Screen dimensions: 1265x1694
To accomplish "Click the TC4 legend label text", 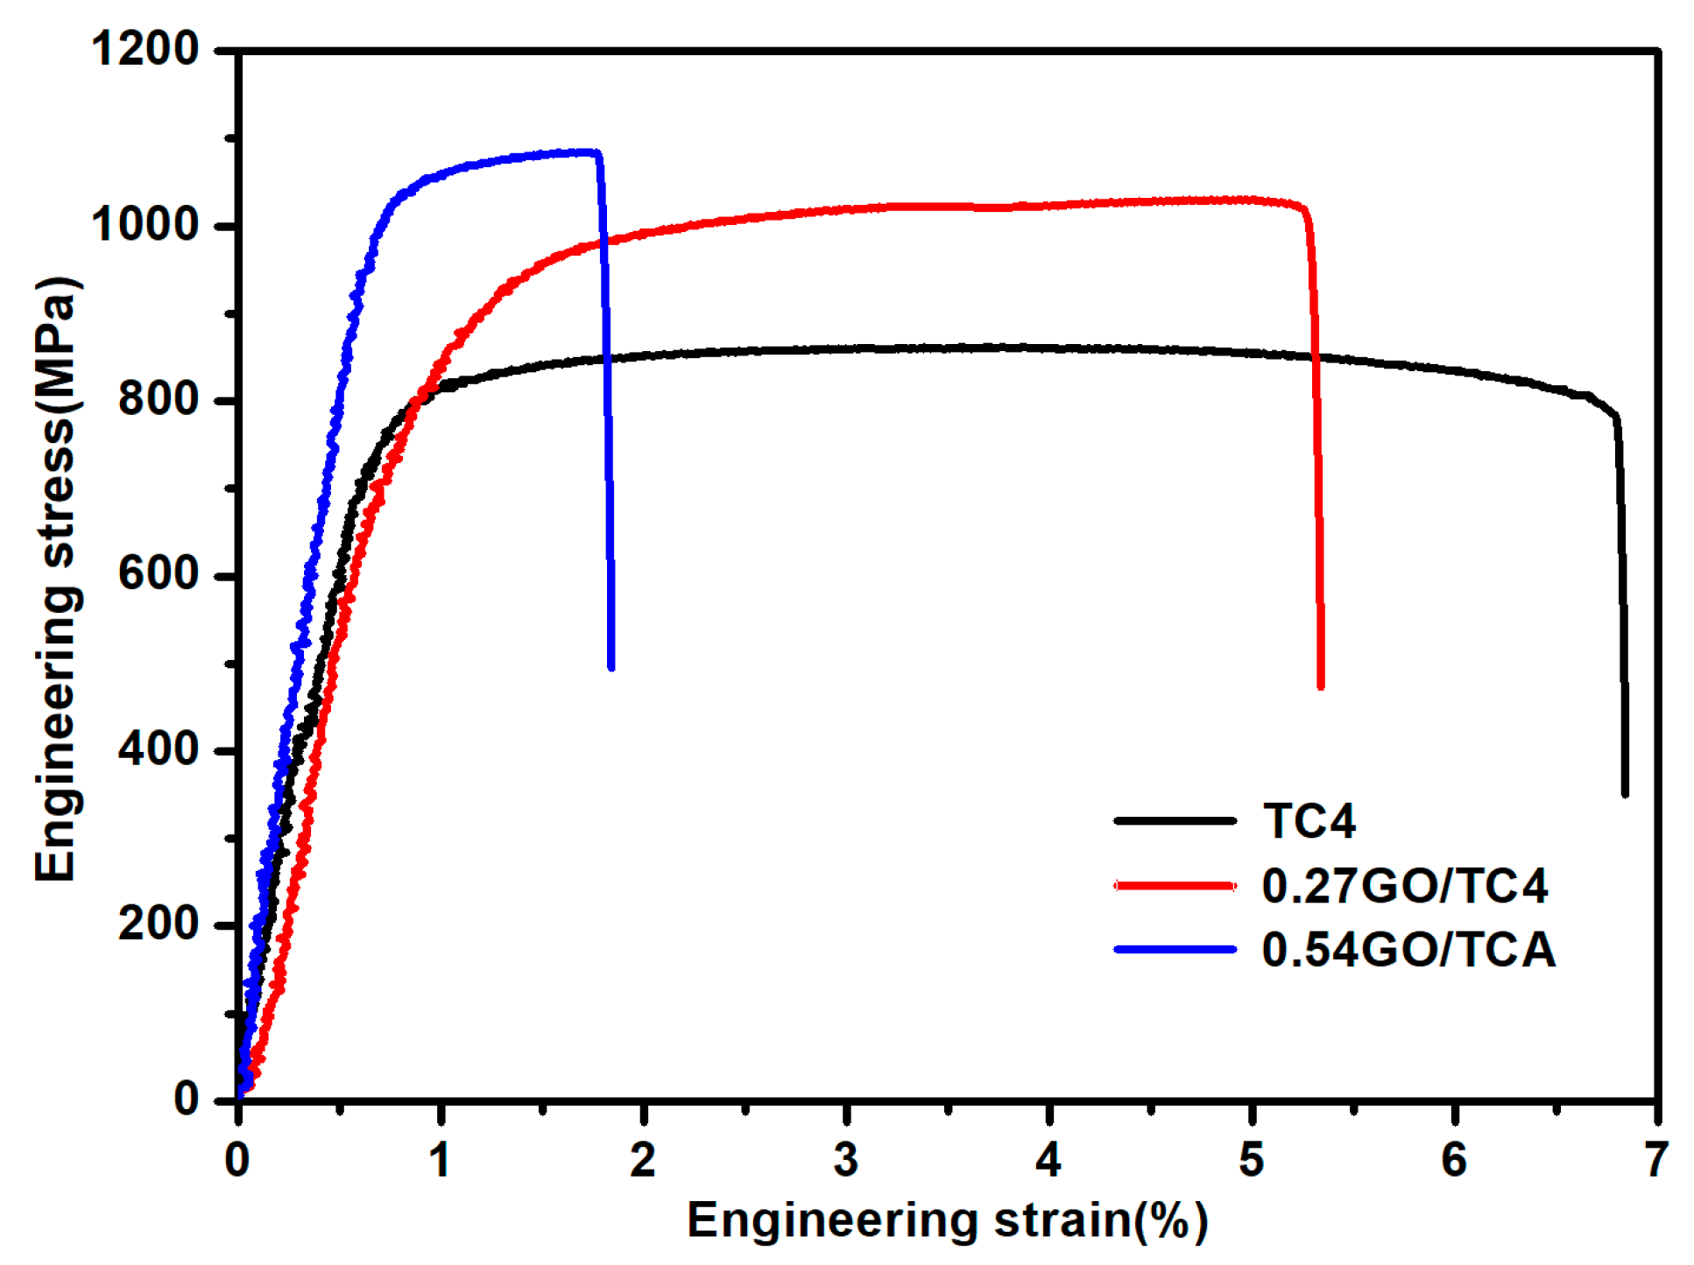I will point(1309,821).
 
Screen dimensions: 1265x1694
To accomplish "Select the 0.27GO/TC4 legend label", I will point(1404,885).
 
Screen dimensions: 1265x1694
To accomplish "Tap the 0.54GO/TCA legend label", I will point(1408,950).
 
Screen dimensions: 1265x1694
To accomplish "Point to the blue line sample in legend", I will point(1175,949).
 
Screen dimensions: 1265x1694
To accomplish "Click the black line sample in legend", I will point(1175,821).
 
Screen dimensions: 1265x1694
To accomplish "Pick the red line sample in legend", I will point(1175,885).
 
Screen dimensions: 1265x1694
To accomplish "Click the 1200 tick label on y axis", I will point(145,49).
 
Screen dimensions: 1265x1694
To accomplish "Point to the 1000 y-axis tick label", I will point(145,225).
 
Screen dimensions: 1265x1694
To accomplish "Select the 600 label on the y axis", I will point(159,575).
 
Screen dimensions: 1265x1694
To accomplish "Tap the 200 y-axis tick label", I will point(159,924).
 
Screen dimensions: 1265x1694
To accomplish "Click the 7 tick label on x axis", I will point(1655,1160).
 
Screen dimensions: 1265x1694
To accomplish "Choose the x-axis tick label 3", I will point(845,1160).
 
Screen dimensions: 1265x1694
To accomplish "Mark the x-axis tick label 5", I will point(1251,1160).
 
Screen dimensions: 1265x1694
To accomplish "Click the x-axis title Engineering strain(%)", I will point(947,1220).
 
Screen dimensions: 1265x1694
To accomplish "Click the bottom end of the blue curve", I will point(611,667).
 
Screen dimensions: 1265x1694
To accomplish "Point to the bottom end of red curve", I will point(1320,686).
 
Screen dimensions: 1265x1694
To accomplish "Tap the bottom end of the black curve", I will point(1625,793).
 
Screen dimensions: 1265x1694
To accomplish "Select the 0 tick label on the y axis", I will point(186,1099).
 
